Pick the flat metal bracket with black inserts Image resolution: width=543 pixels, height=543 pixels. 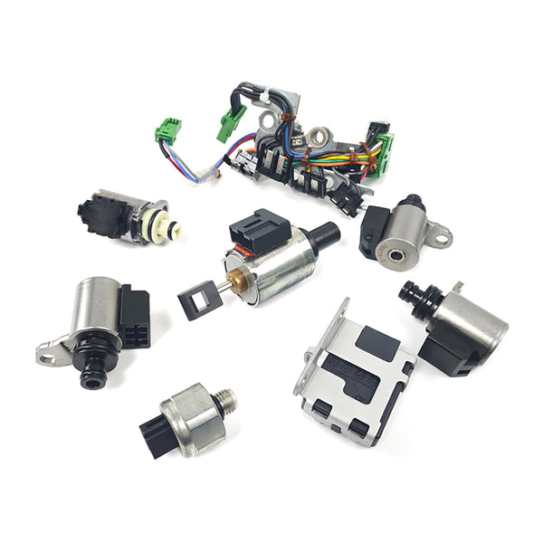(352, 371)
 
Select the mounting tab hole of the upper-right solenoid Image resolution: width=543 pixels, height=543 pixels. (441, 237)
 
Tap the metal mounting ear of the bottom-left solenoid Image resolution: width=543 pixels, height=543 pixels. (50, 350)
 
